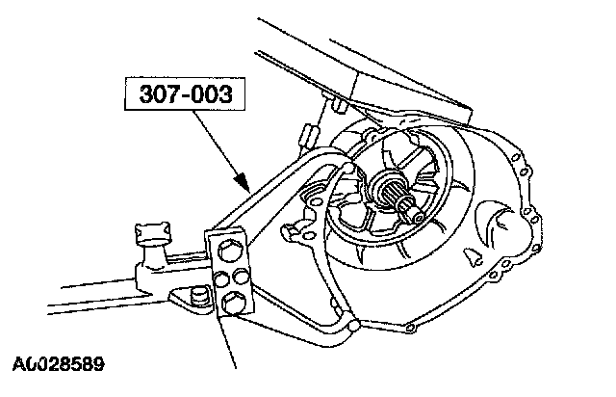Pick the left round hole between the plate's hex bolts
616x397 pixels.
tap(220, 279)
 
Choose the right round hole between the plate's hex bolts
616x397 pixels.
tap(239, 280)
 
